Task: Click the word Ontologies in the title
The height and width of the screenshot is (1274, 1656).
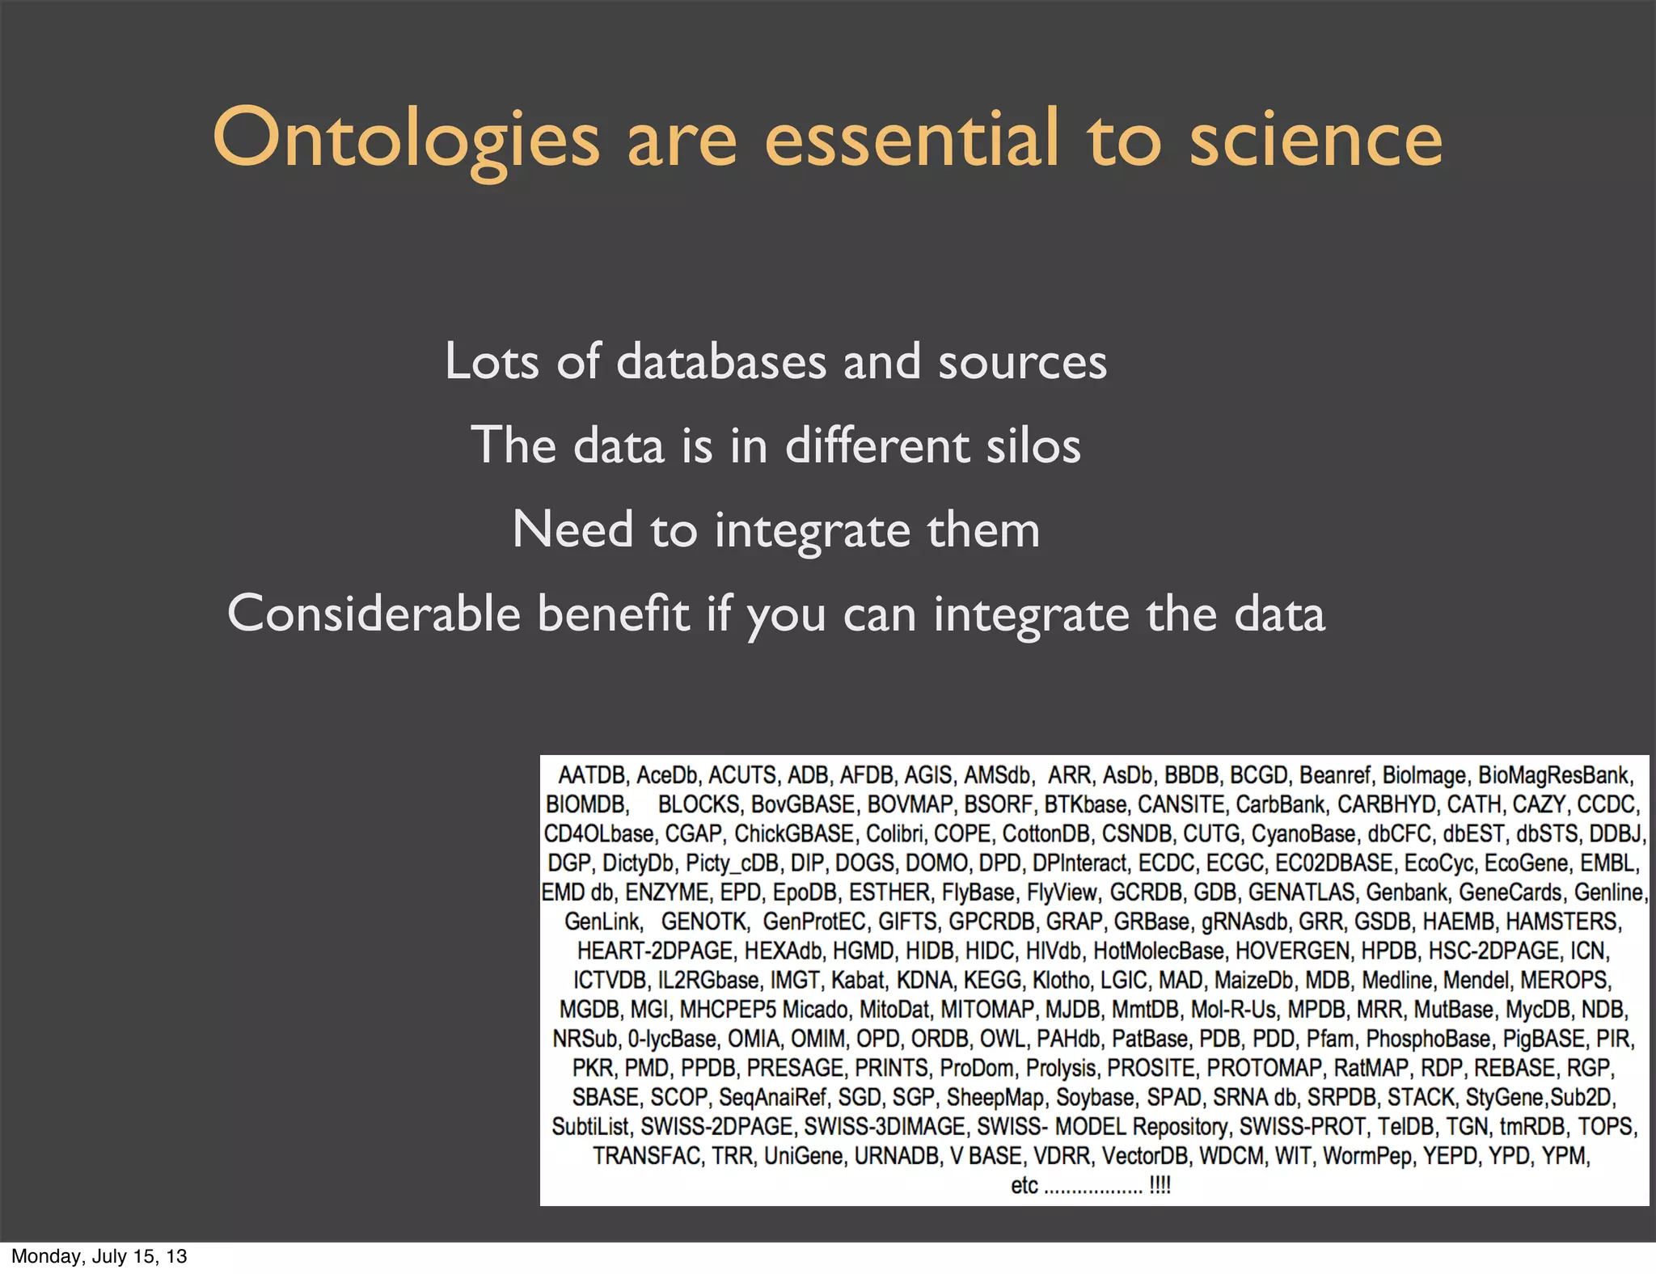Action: click(405, 139)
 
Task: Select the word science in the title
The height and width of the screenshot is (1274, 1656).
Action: click(1316, 139)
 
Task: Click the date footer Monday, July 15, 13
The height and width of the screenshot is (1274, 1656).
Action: click(99, 1256)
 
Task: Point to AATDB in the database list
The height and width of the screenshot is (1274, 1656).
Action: click(592, 775)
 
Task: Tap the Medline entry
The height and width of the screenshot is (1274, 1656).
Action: click(1397, 981)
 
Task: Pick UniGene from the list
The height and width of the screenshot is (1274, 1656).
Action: click(803, 1156)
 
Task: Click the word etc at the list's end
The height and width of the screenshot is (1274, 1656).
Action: click(1024, 1185)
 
